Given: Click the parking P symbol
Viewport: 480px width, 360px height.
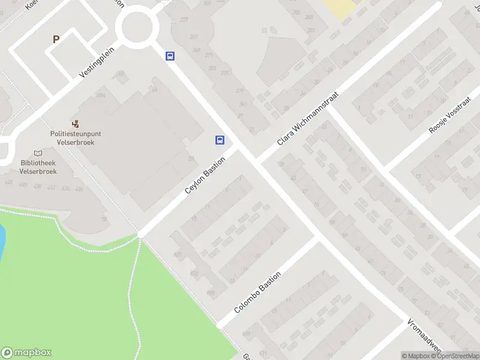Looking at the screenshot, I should pos(56,40).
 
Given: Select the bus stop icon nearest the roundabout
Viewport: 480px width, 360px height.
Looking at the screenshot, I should pos(170,56).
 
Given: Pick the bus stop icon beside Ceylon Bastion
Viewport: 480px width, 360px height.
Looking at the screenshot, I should pos(220,140).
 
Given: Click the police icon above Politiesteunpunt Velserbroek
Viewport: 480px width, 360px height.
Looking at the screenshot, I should pos(76,124).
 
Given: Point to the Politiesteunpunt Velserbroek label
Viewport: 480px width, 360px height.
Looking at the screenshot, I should pos(76,138).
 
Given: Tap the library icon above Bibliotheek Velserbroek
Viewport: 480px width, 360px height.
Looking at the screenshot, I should pos(38,153).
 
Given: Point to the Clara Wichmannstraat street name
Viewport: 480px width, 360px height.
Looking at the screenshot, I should pos(308,118).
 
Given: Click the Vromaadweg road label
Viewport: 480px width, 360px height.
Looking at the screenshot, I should pos(424,337).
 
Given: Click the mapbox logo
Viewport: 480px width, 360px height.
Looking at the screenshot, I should pos(26,353).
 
